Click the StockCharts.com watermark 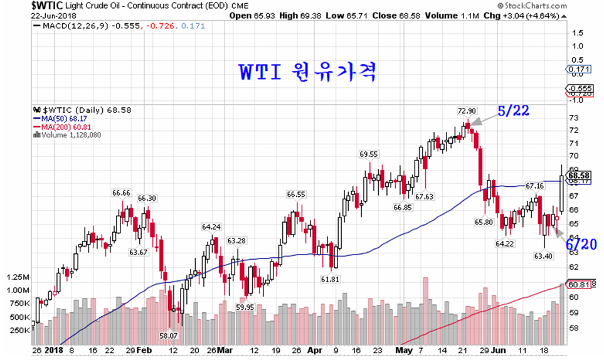coord(564,6)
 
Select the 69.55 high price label coord(369,154)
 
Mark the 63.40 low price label coord(544,256)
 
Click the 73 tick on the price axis coord(573,117)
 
